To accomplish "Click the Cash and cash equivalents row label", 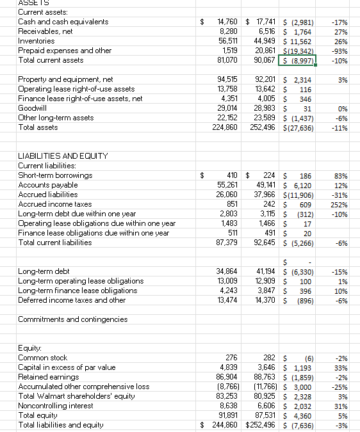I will pos(54,22).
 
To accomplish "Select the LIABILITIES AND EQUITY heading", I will pos(63,156).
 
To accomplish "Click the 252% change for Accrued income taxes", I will pos(339,204).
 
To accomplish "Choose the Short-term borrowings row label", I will pos(55,175).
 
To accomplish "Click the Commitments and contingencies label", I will pos(72,319).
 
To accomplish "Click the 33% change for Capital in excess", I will pos(341,367).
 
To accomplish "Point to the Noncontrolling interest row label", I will pos(56,405).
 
